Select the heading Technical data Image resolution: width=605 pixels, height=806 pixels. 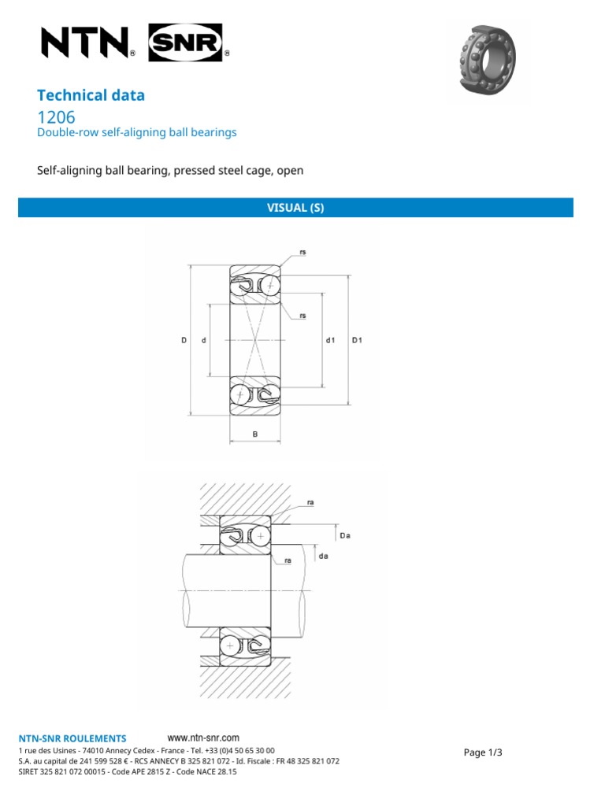pyautogui.click(x=91, y=95)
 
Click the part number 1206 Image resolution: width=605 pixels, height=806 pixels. pyautogui.click(x=57, y=117)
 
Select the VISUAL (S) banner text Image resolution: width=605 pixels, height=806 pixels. pyautogui.click(x=295, y=208)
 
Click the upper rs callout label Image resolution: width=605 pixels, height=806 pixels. pyautogui.click(x=302, y=252)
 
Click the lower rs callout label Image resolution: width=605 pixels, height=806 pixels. pyautogui.click(x=302, y=316)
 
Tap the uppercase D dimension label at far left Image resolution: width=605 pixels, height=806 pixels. pyautogui.click(x=184, y=340)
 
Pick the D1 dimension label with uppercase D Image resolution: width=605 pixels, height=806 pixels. pyautogui.click(x=357, y=340)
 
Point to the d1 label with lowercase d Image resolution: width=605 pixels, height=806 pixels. pyautogui.click(x=330, y=340)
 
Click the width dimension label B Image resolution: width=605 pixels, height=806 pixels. pyautogui.click(x=254, y=434)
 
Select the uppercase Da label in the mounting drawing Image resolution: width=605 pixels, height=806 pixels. pyautogui.click(x=344, y=535)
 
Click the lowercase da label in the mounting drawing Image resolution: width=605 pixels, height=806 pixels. pyautogui.click(x=323, y=556)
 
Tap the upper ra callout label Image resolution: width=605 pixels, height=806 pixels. pyautogui.click(x=310, y=501)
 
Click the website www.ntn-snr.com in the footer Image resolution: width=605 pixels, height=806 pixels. pyautogui.click(x=204, y=738)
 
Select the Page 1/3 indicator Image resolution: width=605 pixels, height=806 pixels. pyautogui.click(x=483, y=752)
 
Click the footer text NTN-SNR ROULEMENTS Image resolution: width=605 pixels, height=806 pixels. pyautogui.click(x=72, y=738)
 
